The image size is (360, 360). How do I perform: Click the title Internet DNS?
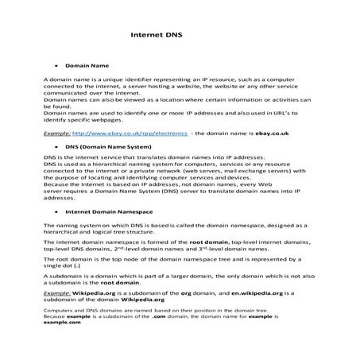point(159,35)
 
